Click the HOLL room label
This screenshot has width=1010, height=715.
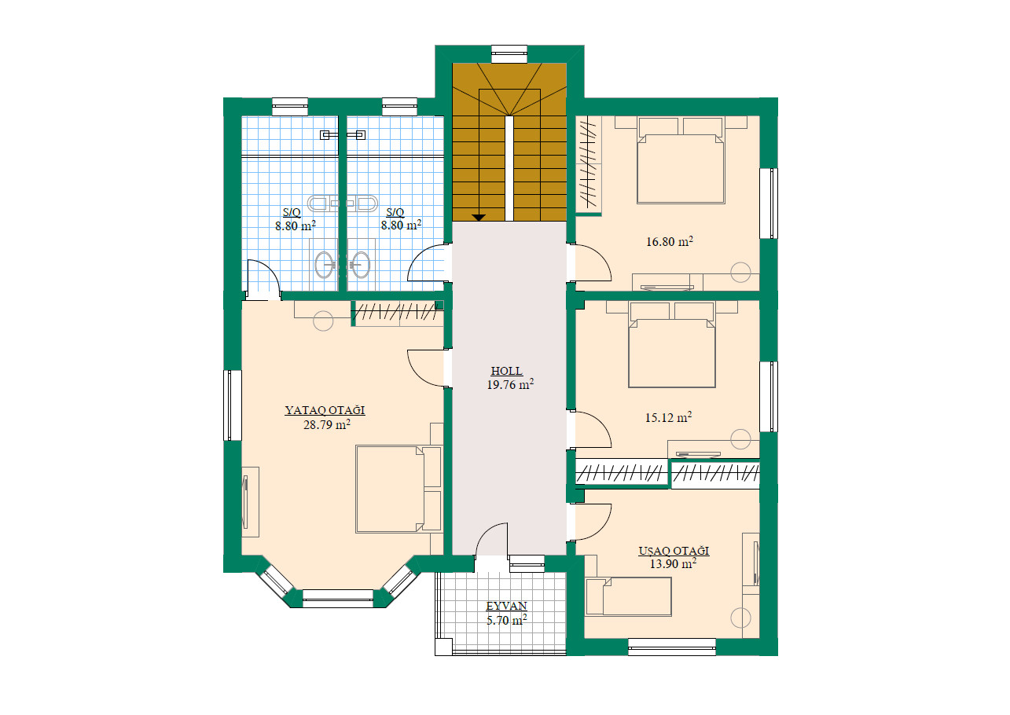coord(506,371)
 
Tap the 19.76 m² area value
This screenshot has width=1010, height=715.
coord(510,384)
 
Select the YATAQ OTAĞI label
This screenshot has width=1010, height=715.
coord(325,410)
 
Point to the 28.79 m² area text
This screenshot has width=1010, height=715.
coord(327,424)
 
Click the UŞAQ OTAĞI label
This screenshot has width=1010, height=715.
coord(674,551)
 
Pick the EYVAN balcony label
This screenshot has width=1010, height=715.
coord(506,606)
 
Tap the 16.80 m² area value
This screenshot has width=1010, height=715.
coord(670,242)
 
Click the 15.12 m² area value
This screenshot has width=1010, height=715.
coord(668,417)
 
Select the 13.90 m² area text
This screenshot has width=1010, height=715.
coord(673,563)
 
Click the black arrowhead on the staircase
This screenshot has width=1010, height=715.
coord(479,218)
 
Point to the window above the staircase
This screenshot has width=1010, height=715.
coord(509,54)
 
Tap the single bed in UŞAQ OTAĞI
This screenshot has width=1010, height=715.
coord(629,596)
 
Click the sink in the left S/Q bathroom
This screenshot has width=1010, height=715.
coord(324,265)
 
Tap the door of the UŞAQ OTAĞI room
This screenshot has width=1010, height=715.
coord(593,522)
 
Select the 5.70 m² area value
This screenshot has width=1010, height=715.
coord(506,621)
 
